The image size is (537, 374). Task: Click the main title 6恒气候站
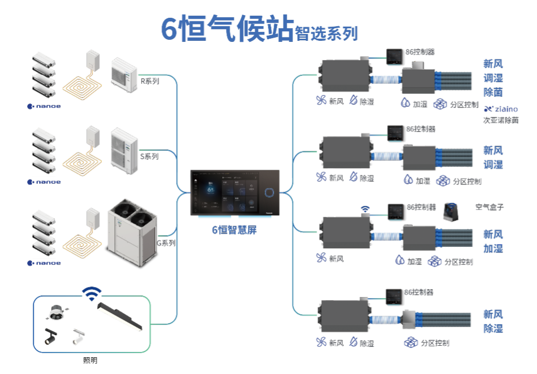[x=227, y=29]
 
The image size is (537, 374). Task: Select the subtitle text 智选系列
[x=326, y=33]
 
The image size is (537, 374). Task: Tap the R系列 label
[x=149, y=81]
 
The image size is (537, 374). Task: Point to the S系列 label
[x=149, y=157]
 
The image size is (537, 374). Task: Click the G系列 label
[x=166, y=244]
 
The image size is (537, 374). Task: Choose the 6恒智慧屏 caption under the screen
[x=234, y=229]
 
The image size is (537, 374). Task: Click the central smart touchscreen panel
[x=234, y=192]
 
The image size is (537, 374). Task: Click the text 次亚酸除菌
[x=500, y=120]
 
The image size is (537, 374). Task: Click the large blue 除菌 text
[x=492, y=92]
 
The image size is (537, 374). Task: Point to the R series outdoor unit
[x=124, y=72]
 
